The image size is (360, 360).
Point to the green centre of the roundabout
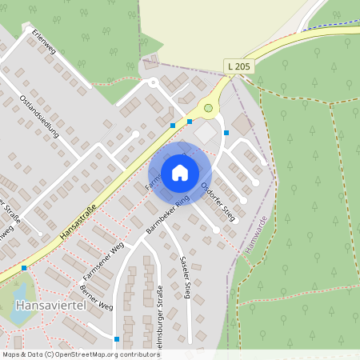point(209,107)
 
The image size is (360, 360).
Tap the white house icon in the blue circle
point(179,172)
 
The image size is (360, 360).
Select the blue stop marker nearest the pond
point(24,267)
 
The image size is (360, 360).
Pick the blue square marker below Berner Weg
point(116,339)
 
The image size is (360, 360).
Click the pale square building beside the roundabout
point(205,130)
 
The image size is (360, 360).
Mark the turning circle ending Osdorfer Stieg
point(217,230)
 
